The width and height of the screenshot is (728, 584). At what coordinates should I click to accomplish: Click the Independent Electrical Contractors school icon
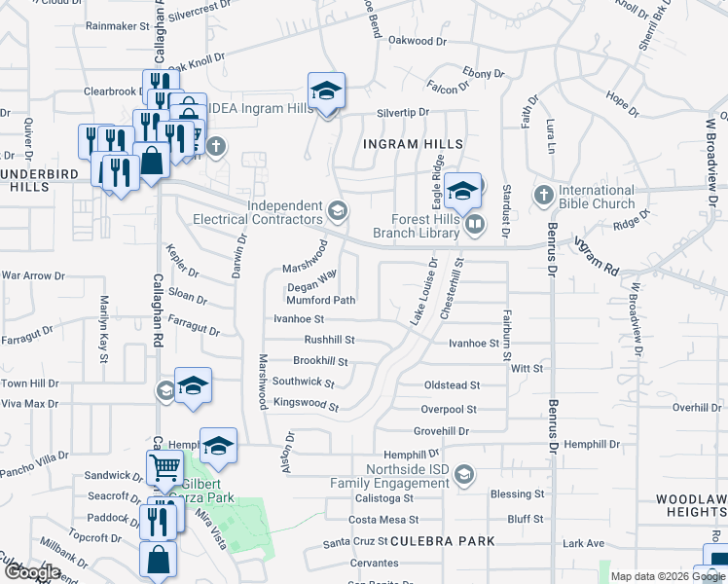click(338, 211)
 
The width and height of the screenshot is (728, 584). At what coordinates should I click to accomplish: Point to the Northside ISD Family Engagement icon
click(464, 475)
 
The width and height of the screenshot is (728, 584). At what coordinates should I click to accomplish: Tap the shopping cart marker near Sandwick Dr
click(164, 471)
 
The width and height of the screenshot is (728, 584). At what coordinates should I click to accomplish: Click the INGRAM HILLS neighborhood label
click(413, 144)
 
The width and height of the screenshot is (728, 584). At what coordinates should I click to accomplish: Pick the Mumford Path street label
click(320, 301)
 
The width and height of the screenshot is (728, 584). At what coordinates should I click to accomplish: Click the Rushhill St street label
click(329, 341)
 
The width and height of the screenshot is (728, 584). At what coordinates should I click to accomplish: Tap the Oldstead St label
click(452, 385)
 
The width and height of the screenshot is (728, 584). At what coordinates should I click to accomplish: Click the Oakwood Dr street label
click(417, 41)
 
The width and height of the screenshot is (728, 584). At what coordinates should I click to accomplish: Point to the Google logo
click(32, 573)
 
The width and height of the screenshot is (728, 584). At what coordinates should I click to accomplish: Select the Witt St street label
click(526, 369)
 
